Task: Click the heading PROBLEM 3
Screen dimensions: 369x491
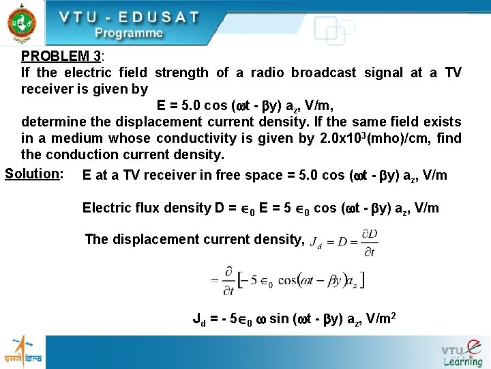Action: click(61, 56)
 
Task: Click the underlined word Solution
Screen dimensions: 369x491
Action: click(32, 173)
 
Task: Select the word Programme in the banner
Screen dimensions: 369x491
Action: click(129, 33)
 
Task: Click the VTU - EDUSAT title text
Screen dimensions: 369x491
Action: click(128, 16)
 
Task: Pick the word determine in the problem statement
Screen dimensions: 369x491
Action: click(55, 122)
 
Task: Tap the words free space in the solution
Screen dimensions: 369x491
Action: click(252, 176)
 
